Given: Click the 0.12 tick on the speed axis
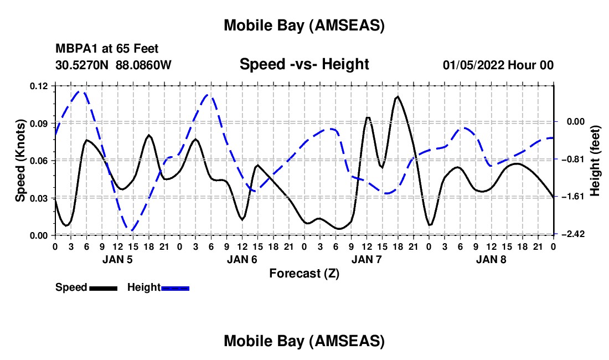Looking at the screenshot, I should (39, 86).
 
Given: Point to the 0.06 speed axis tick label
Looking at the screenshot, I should (39, 161).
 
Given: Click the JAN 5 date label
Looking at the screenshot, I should (117, 259).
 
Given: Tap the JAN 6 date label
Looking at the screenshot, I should (241, 259).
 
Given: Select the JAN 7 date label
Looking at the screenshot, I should (366, 259).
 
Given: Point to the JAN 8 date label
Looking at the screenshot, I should (491, 259).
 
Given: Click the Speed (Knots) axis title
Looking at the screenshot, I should (20, 161).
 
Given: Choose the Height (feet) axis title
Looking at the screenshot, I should (596, 161).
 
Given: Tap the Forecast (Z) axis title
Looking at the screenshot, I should (304, 273).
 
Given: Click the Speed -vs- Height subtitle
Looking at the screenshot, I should (304, 65).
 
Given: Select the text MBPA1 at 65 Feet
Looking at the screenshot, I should (107, 49).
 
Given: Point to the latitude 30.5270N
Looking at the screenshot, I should (83, 65).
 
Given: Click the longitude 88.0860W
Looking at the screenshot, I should (143, 65).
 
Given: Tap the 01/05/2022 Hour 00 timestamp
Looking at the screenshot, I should (498, 65).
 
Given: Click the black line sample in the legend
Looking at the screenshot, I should (103, 287).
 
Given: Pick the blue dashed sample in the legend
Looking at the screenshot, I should (175, 287).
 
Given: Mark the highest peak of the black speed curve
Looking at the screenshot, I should (397, 96).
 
